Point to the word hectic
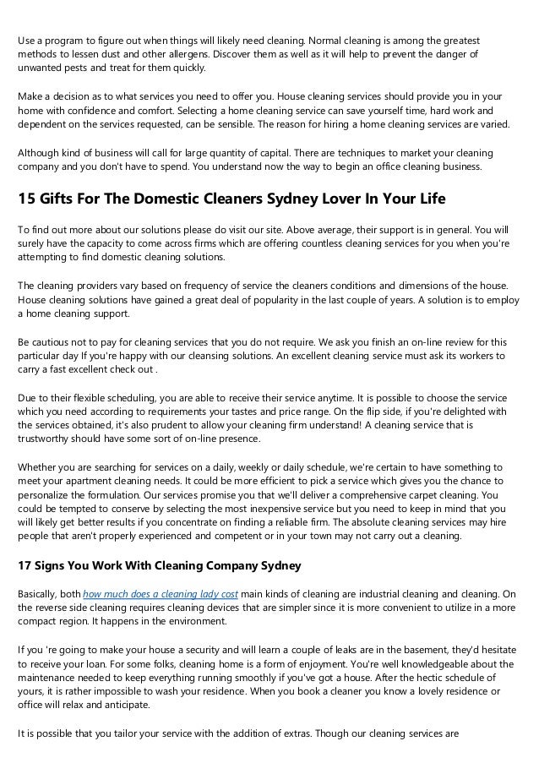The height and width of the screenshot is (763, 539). coord(389,676)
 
